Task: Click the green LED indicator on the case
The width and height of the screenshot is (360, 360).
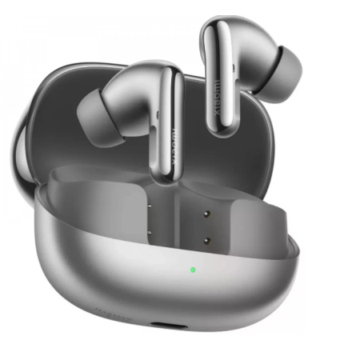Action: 194,268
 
